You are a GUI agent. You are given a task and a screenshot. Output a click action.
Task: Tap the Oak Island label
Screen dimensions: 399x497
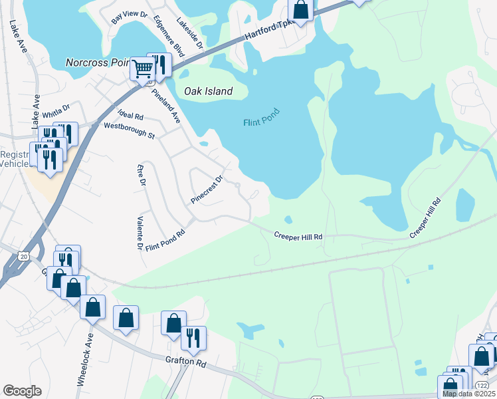pos(209,92)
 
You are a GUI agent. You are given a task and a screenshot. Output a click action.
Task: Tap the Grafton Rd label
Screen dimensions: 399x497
pos(187,362)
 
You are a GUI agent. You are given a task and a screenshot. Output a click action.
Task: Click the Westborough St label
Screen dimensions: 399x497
pos(129,130)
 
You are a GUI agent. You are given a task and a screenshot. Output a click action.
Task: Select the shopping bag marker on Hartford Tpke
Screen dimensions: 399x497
pos(301,10)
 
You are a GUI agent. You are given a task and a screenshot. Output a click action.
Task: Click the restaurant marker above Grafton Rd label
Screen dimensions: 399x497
pos(193,337)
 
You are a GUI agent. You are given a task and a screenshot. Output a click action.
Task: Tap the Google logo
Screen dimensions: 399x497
pos(22,391)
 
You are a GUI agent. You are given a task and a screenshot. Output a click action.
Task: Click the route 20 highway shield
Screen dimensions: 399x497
pos(24,256)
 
